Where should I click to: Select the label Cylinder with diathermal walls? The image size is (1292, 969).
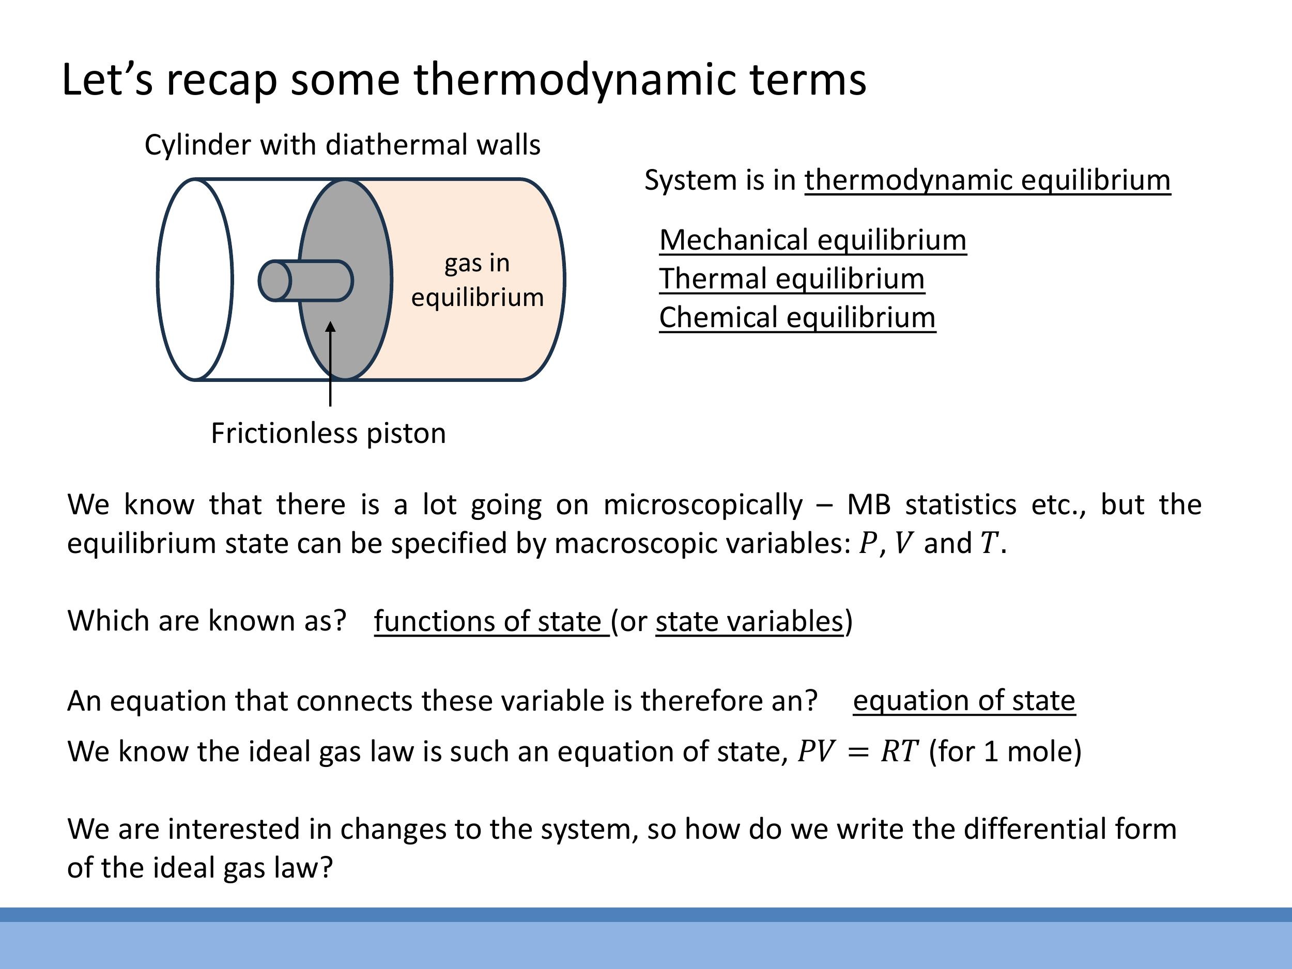tap(342, 145)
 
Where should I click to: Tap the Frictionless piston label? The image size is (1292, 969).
tap(328, 434)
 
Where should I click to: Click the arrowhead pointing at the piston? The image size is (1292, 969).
tap(331, 327)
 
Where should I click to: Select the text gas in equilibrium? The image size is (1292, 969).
tap(477, 280)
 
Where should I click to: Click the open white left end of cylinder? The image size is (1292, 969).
tap(195, 280)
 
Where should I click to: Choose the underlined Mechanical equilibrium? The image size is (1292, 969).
tap(812, 240)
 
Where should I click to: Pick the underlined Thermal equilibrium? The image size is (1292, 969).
tap(791, 279)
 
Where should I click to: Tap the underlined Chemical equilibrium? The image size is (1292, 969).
tap(797, 318)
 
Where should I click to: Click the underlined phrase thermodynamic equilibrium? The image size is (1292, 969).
tap(987, 180)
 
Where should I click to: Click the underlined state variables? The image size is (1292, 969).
tap(749, 621)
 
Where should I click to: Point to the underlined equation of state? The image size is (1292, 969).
tap(964, 700)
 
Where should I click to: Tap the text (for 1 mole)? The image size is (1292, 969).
tap(1005, 751)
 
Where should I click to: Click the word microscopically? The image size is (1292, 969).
tap(703, 504)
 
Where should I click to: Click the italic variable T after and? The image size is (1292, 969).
tap(988, 543)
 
